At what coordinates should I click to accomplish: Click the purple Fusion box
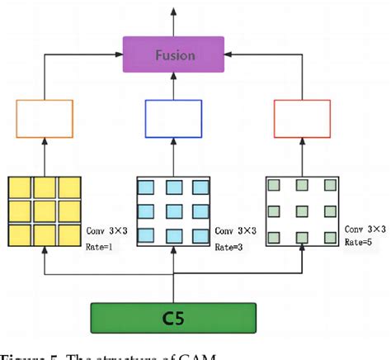click(x=173, y=55)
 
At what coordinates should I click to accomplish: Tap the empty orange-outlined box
click(x=45, y=116)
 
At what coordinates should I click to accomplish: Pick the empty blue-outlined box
click(x=173, y=116)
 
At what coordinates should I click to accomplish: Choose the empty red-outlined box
click(x=301, y=116)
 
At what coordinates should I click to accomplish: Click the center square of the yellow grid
click(x=45, y=210)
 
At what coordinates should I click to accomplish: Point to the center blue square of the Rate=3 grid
click(x=173, y=210)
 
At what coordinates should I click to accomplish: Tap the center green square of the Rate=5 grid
click(x=302, y=210)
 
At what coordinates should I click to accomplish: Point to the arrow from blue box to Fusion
click(x=173, y=86)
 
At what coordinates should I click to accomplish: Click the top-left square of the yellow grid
click(x=21, y=187)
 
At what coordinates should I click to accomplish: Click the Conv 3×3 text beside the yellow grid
click(x=106, y=230)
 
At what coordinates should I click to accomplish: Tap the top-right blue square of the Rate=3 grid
click(x=199, y=187)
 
